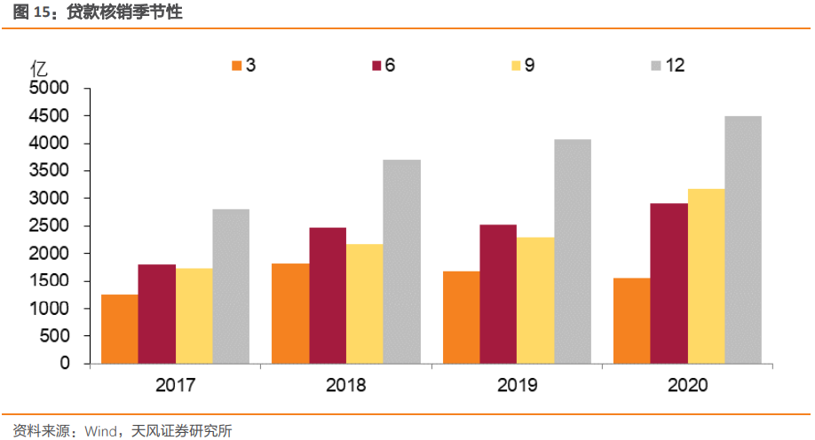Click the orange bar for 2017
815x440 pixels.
119,328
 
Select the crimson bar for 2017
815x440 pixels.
156,314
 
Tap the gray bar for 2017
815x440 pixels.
231,286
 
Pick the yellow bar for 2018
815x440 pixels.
365,303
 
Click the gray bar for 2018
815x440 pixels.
401,262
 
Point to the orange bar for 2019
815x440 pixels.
461,317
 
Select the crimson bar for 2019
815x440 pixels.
497,294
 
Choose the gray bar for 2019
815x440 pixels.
572,251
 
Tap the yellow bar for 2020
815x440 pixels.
705,276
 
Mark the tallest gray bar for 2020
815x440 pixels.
742,240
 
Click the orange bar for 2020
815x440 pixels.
630,320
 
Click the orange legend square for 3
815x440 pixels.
236,66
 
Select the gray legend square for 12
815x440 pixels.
656,66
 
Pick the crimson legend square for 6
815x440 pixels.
376,66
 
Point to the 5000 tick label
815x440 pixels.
50,89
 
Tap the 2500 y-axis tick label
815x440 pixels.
50,226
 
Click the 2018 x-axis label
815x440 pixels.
345,386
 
